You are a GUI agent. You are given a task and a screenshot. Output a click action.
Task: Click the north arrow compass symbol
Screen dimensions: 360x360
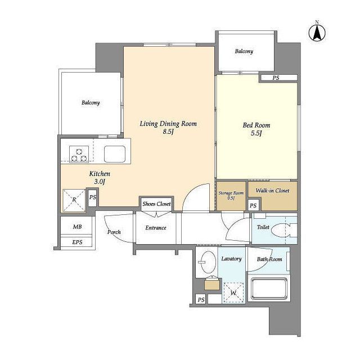(317, 33)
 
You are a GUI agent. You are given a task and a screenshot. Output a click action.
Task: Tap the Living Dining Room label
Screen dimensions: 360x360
(168, 124)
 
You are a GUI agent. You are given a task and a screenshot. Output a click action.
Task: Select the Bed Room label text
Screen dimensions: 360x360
(256, 125)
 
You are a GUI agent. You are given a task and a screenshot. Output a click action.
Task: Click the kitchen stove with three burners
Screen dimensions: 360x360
(79, 154)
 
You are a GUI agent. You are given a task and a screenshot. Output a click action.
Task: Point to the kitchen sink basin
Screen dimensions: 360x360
(115, 154)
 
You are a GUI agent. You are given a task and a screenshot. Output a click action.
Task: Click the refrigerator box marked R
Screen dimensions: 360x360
(74, 200)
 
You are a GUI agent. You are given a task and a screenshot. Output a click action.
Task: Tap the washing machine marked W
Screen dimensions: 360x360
(233, 292)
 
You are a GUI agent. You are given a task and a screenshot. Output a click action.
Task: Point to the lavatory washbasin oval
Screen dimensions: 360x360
(208, 262)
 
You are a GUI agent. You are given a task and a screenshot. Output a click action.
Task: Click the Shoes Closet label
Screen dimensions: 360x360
(156, 204)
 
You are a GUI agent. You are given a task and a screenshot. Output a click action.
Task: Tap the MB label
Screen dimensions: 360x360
(78, 227)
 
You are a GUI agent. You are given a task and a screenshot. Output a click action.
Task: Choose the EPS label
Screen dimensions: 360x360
(77, 242)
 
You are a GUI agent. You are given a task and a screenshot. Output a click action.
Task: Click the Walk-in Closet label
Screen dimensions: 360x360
(272, 191)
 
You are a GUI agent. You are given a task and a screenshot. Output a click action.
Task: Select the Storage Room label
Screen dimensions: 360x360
(231, 193)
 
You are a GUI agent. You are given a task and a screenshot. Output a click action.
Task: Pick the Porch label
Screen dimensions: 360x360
(114, 232)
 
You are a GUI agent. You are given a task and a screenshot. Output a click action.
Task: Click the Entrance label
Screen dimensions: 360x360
(156, 228)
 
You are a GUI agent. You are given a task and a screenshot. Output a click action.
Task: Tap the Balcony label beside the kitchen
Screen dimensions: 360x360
(91, 102)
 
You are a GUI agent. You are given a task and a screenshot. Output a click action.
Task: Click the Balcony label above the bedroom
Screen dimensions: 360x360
(244, 51)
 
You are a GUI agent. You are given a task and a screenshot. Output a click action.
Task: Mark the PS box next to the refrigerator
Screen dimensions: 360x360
(92, 197)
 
